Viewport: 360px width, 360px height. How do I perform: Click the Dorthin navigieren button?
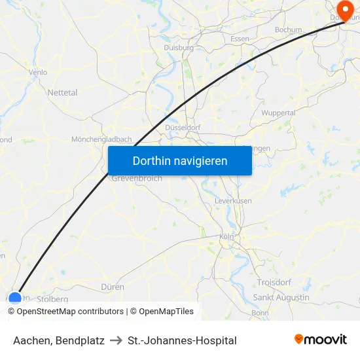tap(180, 160)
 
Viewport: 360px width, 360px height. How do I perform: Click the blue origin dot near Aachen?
tap(15, 298)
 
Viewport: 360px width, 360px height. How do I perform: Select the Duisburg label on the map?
tap(178, 48)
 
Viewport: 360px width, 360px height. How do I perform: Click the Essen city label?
tap(240, 39)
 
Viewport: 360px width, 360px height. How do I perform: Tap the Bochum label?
tap(289, 29)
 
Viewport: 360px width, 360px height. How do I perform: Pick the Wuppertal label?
tap(278, 113)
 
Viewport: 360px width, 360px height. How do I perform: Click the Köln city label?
tap(227, 236)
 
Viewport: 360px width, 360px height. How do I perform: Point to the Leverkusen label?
tap(234, 201)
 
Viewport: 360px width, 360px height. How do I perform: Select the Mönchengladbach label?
tap(101, 139)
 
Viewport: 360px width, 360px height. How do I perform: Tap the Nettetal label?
tap(62, 93)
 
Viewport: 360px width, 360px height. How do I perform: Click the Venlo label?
tap(38, 73)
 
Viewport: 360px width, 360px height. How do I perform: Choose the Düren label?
tap(113, 287)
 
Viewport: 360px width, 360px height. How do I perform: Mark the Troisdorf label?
tap(274, 282)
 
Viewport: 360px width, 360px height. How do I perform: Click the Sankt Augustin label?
tap(281, 297)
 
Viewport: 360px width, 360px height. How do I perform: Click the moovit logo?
tap(321, 340)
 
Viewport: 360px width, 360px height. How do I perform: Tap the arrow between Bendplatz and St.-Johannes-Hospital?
tap(116, 340)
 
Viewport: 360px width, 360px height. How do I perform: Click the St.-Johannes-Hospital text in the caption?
tap(182, 340)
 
